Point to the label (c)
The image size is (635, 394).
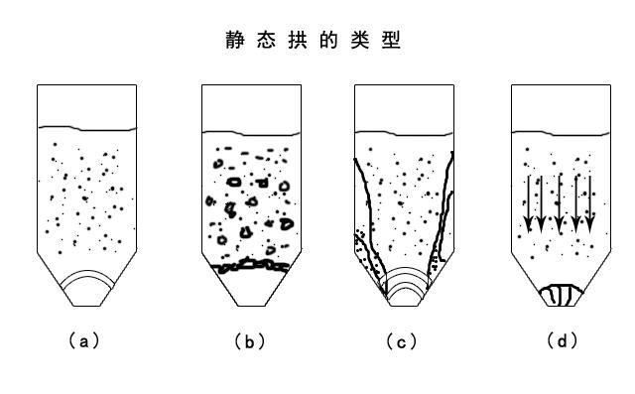point(402,341)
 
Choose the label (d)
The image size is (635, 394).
point(562,341)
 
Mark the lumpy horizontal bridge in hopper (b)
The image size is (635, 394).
point(251,266)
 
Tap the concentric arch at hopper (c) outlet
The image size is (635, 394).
point(405,282)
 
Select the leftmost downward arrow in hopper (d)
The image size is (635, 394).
point(528,203)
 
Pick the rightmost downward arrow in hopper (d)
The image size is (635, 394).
point(590,203)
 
